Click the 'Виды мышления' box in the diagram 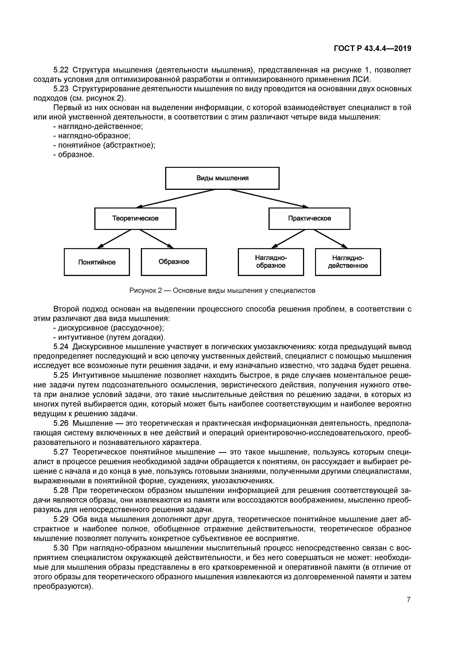click(x=222, y=178)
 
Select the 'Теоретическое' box click(x=135, y=218)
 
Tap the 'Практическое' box click(x=309, y=218)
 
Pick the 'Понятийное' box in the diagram click(x=97, y=262)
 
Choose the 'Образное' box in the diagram click(x=174, y=262)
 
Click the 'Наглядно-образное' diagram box click(x=271, y=262)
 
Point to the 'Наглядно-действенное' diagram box click(x=348, y=262)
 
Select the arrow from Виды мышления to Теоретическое click(x=176, y=198)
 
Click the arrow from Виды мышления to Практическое click(x=269, y=198)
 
